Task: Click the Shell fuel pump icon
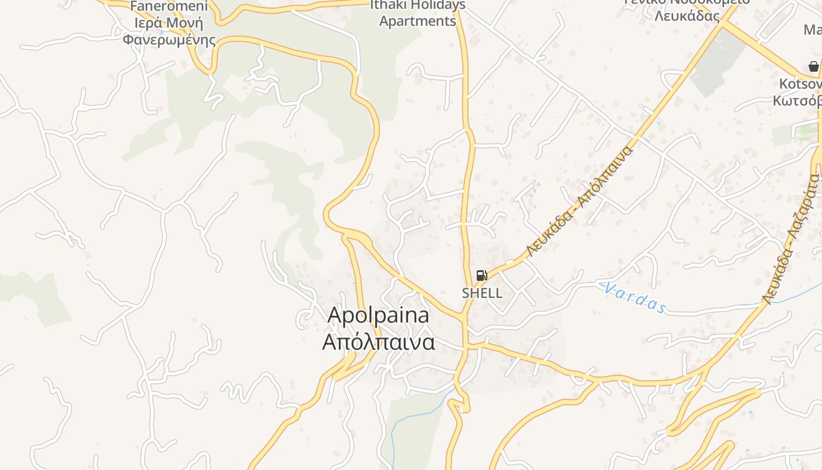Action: coord(481,276)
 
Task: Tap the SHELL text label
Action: coord(482,293)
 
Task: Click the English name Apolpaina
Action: coord(378,315)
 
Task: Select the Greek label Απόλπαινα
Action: coord(378,342)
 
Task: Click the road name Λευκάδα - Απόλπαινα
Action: coord(580,202)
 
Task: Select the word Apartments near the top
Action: coord(417,21)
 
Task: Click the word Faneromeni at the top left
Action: coord(169,6)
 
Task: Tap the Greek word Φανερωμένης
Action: coord(169,40)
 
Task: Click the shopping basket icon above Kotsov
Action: coord(813,66)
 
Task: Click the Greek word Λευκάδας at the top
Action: coord(687,16)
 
